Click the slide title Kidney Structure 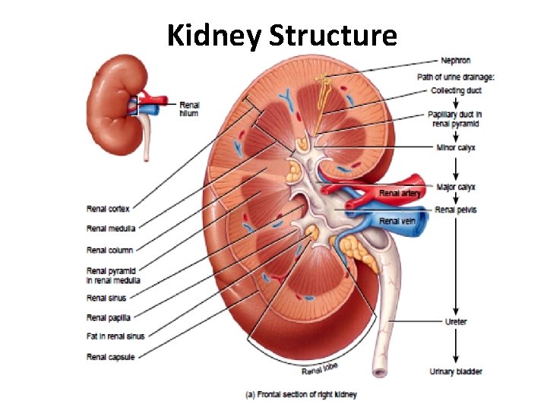click(281, 35)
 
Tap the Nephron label click(455, 60)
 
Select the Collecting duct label click(456, 90)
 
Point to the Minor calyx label click(455, 147)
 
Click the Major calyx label click(456, 186)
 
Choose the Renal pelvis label click(456, 210)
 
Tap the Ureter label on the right click(456, 322)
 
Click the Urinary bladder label click(456, 371)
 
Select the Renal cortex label click(108, 209)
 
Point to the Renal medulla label click(111, 229)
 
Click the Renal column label click(109, 250)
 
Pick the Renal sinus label click(106, 298)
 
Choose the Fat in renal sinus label click(115, 336)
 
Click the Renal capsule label click(110, 357)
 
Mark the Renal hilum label click(189, 109)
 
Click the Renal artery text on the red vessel click(400, 194)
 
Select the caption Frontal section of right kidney click(300, 395)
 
